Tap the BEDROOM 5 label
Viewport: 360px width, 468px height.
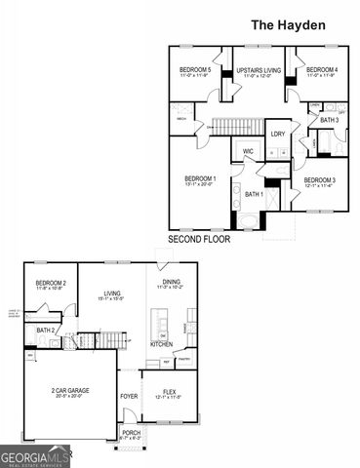click(196, 70)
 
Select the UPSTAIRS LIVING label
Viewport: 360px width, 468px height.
click(259, 70)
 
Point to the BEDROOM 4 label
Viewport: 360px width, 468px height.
click(322, 70)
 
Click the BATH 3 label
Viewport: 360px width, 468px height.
click(329, 120)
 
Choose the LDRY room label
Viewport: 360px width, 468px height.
click(278, 134)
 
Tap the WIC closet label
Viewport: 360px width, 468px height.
click(249, 151)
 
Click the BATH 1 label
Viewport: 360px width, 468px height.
click(256, 195)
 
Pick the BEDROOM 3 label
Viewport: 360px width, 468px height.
click(319, 180)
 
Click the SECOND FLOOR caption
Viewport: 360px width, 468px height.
click(200, 239)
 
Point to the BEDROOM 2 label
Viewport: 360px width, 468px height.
click(51, 283)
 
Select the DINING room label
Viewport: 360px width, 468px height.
click(170, 282)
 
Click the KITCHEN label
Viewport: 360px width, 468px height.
click(162, 344)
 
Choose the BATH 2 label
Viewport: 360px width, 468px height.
click(45, 331)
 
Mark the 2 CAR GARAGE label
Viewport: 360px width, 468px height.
click(70, 390)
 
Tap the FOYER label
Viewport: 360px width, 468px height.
click(129, 396)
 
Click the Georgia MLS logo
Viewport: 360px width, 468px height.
click(35, 456)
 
